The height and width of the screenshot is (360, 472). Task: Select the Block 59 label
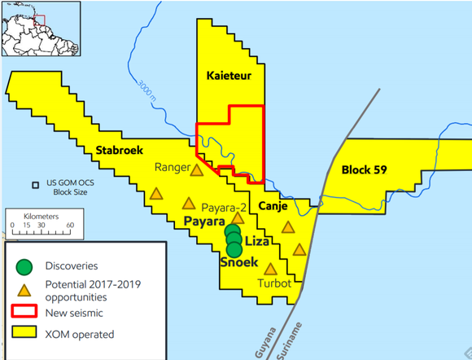[x=363, y=170]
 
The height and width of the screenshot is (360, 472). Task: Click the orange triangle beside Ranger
[x=196, y=171]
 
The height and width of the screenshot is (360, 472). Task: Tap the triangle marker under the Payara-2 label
[x=238, y=218]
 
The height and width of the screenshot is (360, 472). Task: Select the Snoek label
[x=238, y=262]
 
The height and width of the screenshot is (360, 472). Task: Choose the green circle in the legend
[x=25, y=266]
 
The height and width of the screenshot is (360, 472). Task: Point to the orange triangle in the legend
[x=25, y=289]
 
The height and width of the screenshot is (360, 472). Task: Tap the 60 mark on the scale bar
[x=70, y=225]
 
